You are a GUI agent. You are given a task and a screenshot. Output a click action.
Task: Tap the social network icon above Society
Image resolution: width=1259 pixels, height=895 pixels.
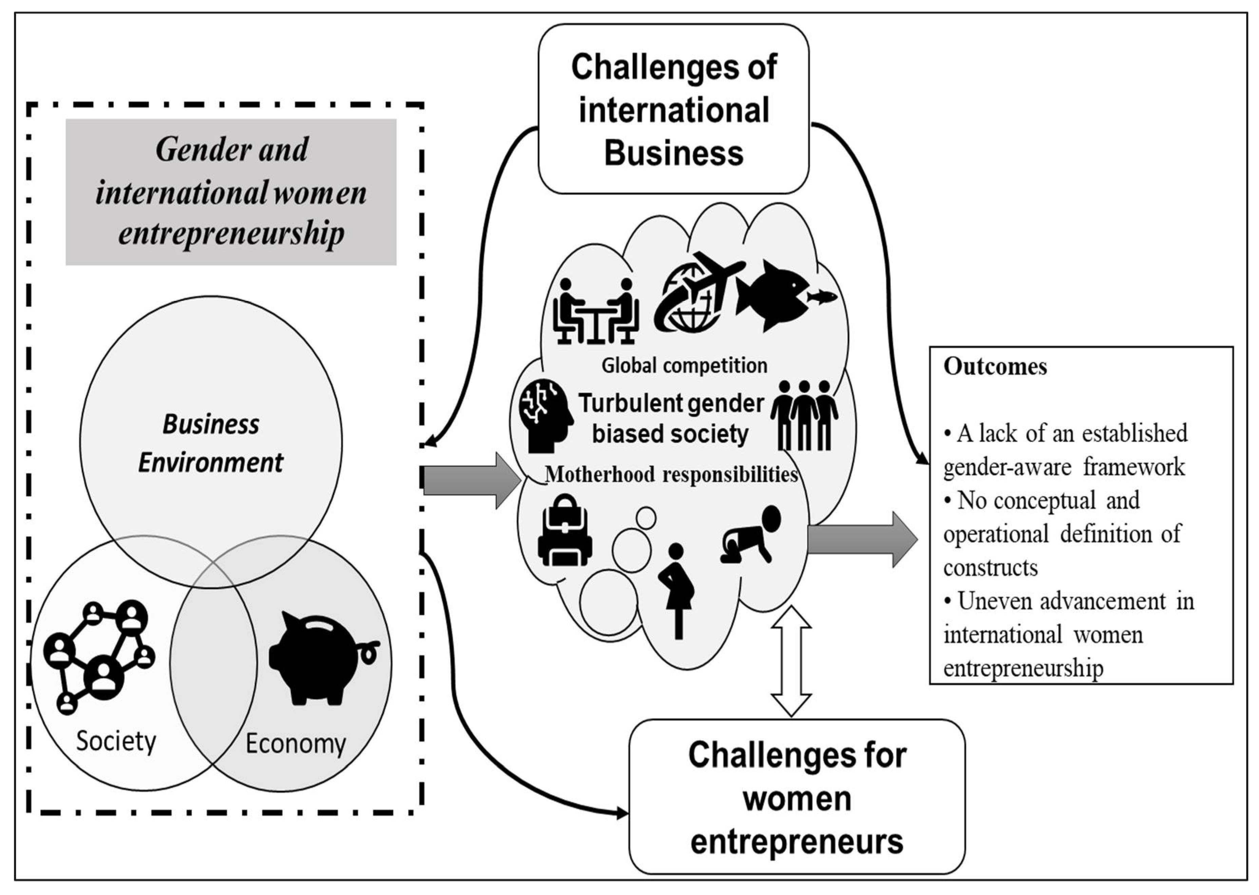point(99,656)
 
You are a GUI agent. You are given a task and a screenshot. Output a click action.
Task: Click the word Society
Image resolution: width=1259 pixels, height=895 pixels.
point(116,741)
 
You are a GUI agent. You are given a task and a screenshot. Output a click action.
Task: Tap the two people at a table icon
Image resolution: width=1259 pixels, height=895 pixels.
point(595,311)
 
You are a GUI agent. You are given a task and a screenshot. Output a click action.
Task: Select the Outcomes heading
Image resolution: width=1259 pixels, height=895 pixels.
point(995,367)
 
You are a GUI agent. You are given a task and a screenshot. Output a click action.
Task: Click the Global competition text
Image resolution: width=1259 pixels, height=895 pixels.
point(684,365)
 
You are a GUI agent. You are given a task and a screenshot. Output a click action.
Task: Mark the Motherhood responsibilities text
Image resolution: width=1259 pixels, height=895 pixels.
point(671,474)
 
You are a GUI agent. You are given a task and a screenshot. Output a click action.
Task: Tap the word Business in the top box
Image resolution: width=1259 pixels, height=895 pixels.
point(673,153)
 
